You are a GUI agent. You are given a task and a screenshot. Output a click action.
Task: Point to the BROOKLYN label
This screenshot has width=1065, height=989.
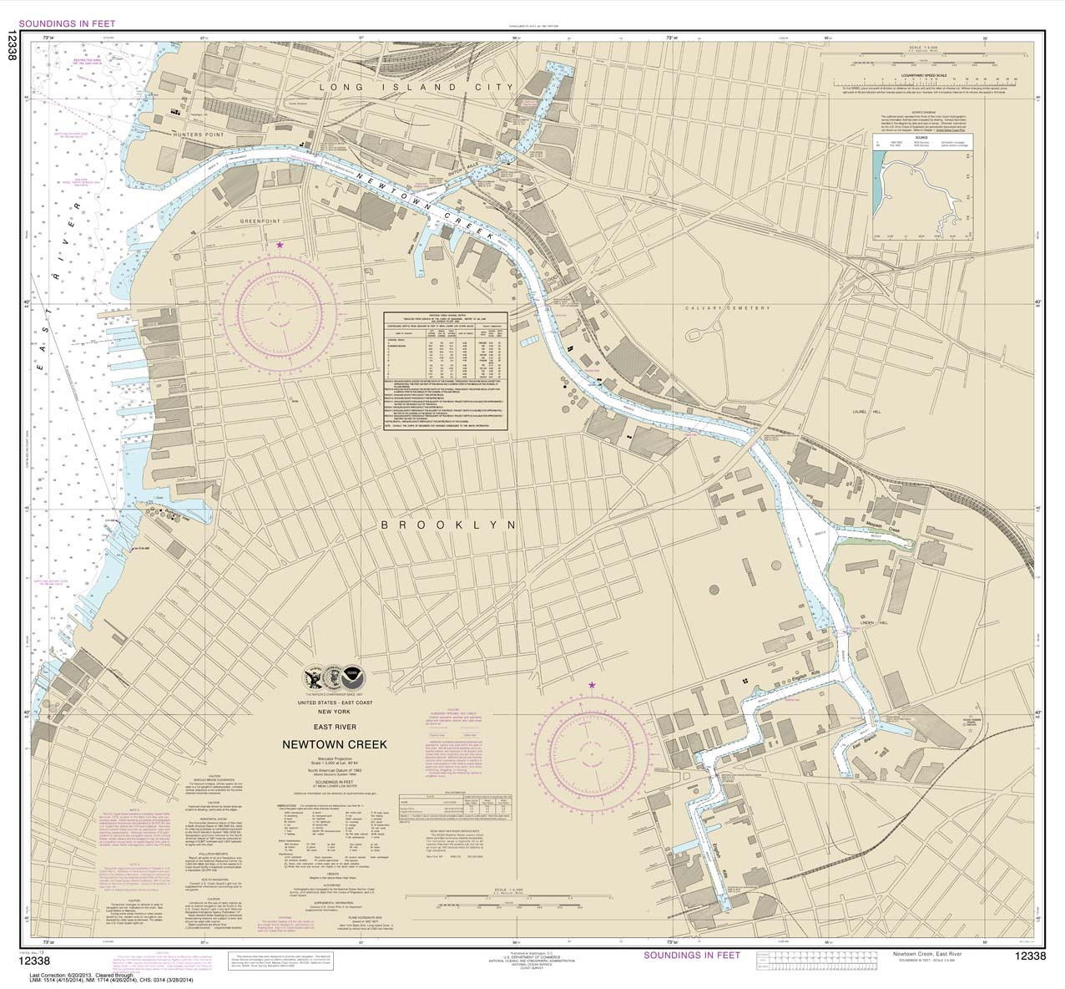pyautogui.click(x=448, y=525)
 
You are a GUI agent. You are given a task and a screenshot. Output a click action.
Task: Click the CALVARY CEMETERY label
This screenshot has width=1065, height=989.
pyautogui.click(x=727, y=308)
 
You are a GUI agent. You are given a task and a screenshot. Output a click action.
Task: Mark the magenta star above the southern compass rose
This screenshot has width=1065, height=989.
pyautogui.click(x=592, y=685)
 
